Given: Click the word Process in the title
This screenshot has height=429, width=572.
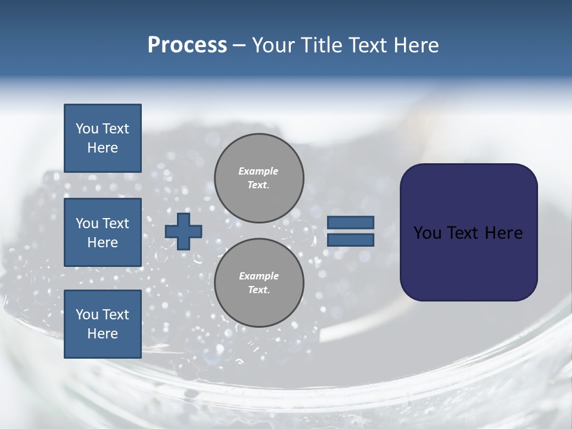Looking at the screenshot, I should (x=187, y=45).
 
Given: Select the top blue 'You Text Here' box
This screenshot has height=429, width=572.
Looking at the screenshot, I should (x=102, y=138).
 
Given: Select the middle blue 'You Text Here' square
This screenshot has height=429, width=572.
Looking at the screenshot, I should (x=102, y=232).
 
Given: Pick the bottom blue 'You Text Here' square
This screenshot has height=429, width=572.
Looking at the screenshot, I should (x=102, y=324).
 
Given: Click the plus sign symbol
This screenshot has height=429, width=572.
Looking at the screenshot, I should (x=184, y=231).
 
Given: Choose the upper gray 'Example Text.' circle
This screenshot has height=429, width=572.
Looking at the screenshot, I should (x=259, y=178).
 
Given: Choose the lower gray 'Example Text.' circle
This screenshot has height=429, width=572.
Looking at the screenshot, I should (x=259, y=282).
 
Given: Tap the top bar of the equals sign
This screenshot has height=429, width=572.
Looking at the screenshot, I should (x=350, y=222).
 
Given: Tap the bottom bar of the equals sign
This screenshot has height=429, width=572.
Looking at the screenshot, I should (x=350, y=240).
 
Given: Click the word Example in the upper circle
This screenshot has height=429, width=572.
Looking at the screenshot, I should (x=258, y=171).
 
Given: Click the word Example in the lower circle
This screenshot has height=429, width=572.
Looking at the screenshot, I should (x=259, y=276).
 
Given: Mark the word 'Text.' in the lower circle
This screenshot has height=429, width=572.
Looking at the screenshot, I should (x=259, y=290).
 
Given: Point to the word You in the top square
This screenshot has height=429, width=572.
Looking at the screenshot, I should (x=86, y=129).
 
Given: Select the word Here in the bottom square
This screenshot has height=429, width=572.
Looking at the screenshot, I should (x=102, y=334).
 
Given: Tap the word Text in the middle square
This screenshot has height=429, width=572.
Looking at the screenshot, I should (x=115, y=223).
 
